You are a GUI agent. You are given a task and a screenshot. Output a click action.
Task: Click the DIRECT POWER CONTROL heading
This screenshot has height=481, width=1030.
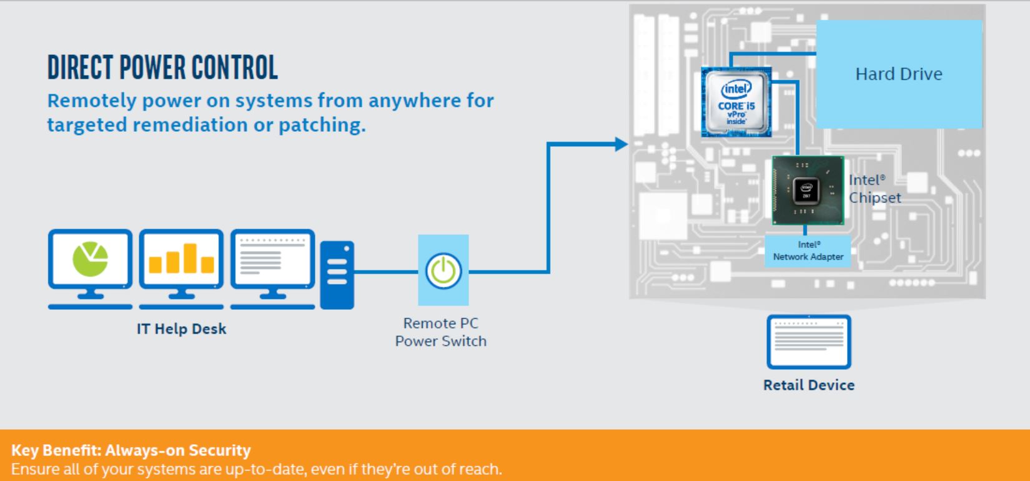tap(163, 67)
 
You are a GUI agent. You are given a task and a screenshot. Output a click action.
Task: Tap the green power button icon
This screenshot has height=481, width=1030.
tap(443, 271)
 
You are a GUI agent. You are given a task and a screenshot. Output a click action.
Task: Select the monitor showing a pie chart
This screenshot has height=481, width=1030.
tap(90, 269)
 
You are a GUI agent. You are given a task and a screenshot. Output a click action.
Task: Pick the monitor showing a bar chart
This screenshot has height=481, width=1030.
tap(181, 269)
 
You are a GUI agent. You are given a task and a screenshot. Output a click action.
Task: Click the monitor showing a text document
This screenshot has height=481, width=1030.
tap(273, 269)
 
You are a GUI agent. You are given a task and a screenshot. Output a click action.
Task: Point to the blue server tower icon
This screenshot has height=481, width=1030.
tap(337, 275)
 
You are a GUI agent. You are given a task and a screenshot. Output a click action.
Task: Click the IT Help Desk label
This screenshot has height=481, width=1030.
tap(182, 329)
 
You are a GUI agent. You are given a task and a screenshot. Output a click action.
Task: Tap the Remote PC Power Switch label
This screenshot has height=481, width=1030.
tap(441, 332)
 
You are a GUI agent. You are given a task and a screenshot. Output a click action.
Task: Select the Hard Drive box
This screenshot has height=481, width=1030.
tap(899, 74)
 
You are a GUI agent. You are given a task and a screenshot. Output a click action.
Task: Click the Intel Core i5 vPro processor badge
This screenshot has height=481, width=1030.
tap(736, 102)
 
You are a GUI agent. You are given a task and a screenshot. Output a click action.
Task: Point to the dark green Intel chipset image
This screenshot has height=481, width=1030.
tap(808, 191)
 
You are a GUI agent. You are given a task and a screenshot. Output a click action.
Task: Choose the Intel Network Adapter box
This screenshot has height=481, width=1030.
tap(808, 250)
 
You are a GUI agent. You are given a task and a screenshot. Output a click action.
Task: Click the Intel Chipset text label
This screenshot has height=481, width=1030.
tap(874, 189)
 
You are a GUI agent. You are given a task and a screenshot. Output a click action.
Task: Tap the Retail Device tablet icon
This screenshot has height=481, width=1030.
tap(809, 342)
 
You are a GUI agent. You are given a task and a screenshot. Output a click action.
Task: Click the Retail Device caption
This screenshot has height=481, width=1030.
tap(809, 385)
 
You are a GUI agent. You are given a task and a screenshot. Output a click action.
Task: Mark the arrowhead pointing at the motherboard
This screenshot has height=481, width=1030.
tap(621, 144)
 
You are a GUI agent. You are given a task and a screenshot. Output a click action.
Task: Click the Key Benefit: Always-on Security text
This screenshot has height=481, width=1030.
tap(131, 450)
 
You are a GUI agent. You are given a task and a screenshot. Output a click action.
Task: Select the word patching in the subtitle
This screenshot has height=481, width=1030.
tap(322, 125)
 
